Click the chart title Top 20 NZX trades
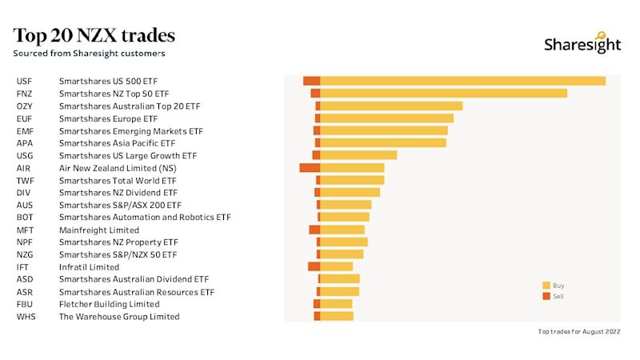click(x=94, y=36)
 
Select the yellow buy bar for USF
click(x=462, y=81)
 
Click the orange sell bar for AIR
click(x=310, y=168)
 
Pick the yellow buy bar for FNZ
click(x=443, y=94)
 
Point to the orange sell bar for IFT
click(x=314, y=267)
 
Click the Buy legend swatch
click(x=546, y=286)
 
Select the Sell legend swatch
click(x=546, y=297)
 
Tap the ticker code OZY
click(x=25, y=106)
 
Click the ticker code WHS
click(x=26, y=317)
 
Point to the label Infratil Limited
click(x=89, y=267)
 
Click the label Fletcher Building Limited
click(x=109, y=304)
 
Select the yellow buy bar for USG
click(x=358, y=155)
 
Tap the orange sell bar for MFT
click(x=314, y=230)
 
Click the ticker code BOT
click(x=25, y=218)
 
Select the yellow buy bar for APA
click(x=383, y=143)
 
